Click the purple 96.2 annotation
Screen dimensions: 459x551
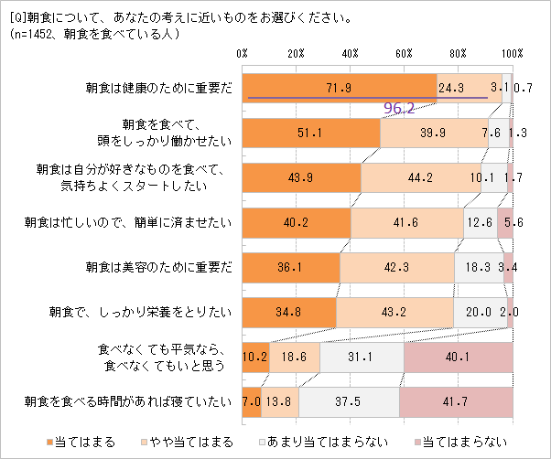[399, 108]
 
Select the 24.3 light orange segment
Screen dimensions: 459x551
[469, 88]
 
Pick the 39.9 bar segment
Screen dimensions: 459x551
[434, 133]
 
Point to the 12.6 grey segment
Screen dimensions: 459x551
[480, 221]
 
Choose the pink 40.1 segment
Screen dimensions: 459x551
[458, 356]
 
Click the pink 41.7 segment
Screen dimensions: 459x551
[456, 400]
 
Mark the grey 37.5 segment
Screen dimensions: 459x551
[349, 400]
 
